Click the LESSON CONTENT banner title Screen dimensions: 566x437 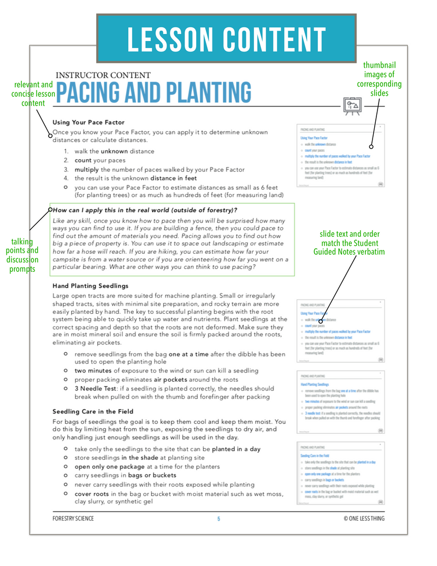point(226,38)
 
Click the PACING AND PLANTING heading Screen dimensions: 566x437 point(153,92)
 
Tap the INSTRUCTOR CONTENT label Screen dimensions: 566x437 point(103,75)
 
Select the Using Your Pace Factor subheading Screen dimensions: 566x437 point(88,122)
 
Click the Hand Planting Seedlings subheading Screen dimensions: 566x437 point(91,285)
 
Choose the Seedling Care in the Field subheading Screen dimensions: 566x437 point(93,411)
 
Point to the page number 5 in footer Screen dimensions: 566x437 point(218,518)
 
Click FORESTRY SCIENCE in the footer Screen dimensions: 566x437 point(73,518)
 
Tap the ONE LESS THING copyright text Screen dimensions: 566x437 point(364,518)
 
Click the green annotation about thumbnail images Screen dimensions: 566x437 point(379,79)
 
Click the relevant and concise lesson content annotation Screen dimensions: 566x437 point(33,94)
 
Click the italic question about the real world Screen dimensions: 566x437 point(145,209)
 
